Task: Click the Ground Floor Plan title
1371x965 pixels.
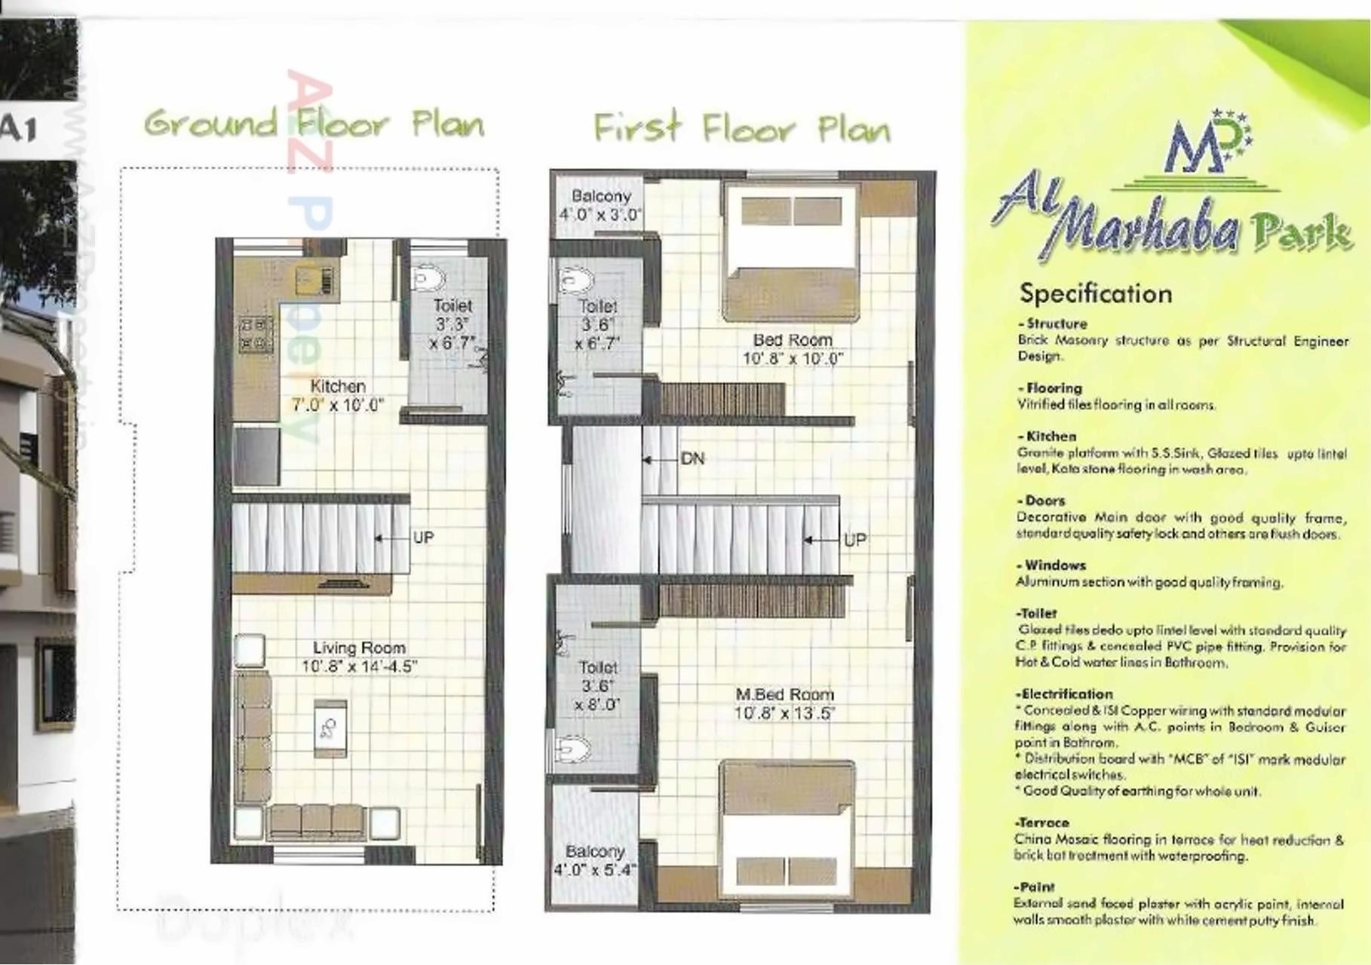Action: click(314, 124)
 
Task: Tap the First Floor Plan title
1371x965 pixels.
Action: click(741, 128)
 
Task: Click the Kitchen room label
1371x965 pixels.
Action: click(338, 387)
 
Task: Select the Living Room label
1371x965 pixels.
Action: click(359, 648)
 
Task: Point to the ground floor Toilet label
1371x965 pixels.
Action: click(452, 306)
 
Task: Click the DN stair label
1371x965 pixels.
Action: click(692, 458)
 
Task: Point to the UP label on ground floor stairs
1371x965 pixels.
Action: click(423, 538)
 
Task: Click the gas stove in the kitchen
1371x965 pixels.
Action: click(256, 335)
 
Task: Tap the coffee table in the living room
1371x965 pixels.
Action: click(330, 728)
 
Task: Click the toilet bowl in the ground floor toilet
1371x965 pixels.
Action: click(428, 278)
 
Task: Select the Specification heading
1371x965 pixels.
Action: click(1095, 294)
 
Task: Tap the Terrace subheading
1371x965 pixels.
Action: click(1042, 823)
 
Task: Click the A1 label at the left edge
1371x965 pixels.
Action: click(18, 129)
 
